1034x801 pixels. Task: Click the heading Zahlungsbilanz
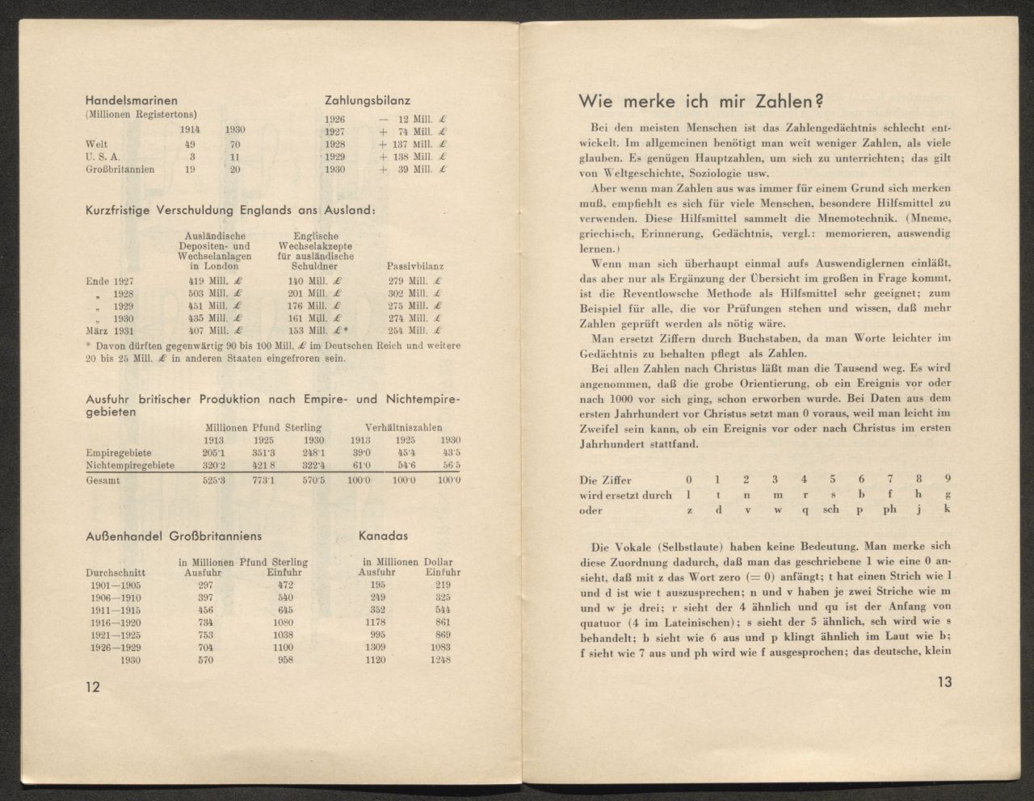point(367,101)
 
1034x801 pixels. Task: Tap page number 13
point(945,682)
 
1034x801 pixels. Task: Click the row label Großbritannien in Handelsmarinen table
point(120,170)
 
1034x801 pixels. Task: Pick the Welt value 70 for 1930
point(234,144)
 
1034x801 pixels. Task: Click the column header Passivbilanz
point(415,266)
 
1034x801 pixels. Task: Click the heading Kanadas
point(382,536)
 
